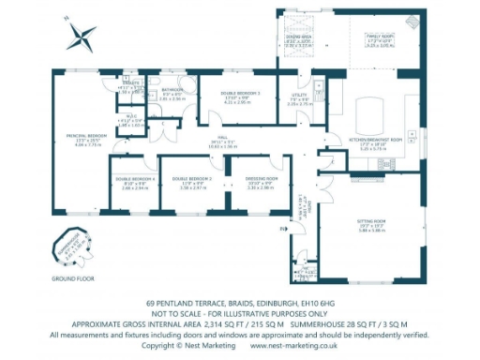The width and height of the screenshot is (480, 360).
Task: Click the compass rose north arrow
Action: [x=82, y=37]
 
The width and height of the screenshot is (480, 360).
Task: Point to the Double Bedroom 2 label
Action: [x=190, y=178]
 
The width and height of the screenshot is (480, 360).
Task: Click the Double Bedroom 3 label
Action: [x=240, y=94]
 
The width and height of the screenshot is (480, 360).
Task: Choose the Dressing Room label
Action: [x=264, y=178]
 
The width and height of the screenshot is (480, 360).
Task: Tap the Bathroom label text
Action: [x=172, y=90]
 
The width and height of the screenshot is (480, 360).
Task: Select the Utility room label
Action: [x=299, y=96]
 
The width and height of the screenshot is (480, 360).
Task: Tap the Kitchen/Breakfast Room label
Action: [x=374, y=138]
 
